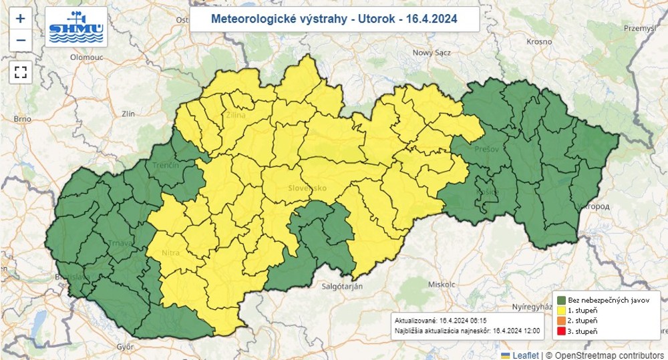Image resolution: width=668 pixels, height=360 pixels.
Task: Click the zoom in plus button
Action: (x=20, y=19)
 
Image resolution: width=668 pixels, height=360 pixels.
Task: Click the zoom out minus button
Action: (x=20, y=40)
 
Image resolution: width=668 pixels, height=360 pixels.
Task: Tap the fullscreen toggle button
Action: (x=20, y=72)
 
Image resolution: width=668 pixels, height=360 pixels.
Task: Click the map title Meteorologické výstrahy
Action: (x=334, y=19)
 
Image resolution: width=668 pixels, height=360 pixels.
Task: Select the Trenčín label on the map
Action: (x=166, y=165)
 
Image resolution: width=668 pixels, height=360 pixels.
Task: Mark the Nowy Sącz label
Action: (x=433, y=52)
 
